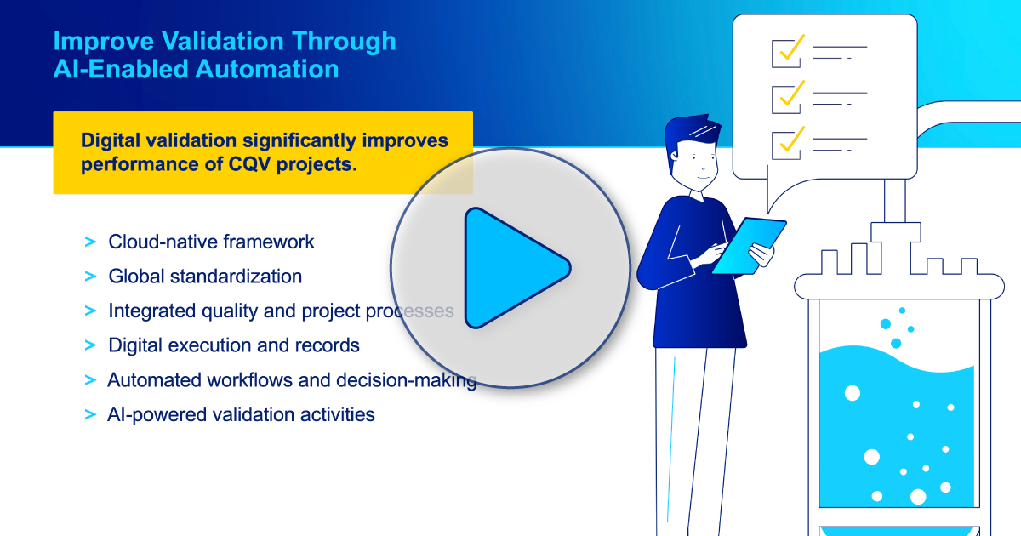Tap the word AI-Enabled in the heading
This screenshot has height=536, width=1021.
point(120,69)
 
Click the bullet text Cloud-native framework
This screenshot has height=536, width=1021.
point(211,242)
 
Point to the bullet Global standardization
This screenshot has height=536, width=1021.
point(205,277)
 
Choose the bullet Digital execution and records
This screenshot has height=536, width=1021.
point(234,345)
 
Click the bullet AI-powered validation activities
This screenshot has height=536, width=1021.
point(241,414)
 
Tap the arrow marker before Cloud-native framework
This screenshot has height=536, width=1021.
point(90,242)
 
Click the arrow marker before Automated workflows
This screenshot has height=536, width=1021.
point(90,380)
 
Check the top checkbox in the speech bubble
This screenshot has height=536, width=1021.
point(785,53)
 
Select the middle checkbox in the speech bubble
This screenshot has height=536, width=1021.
point(785,98)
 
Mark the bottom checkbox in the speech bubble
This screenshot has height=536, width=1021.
point(785,143)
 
